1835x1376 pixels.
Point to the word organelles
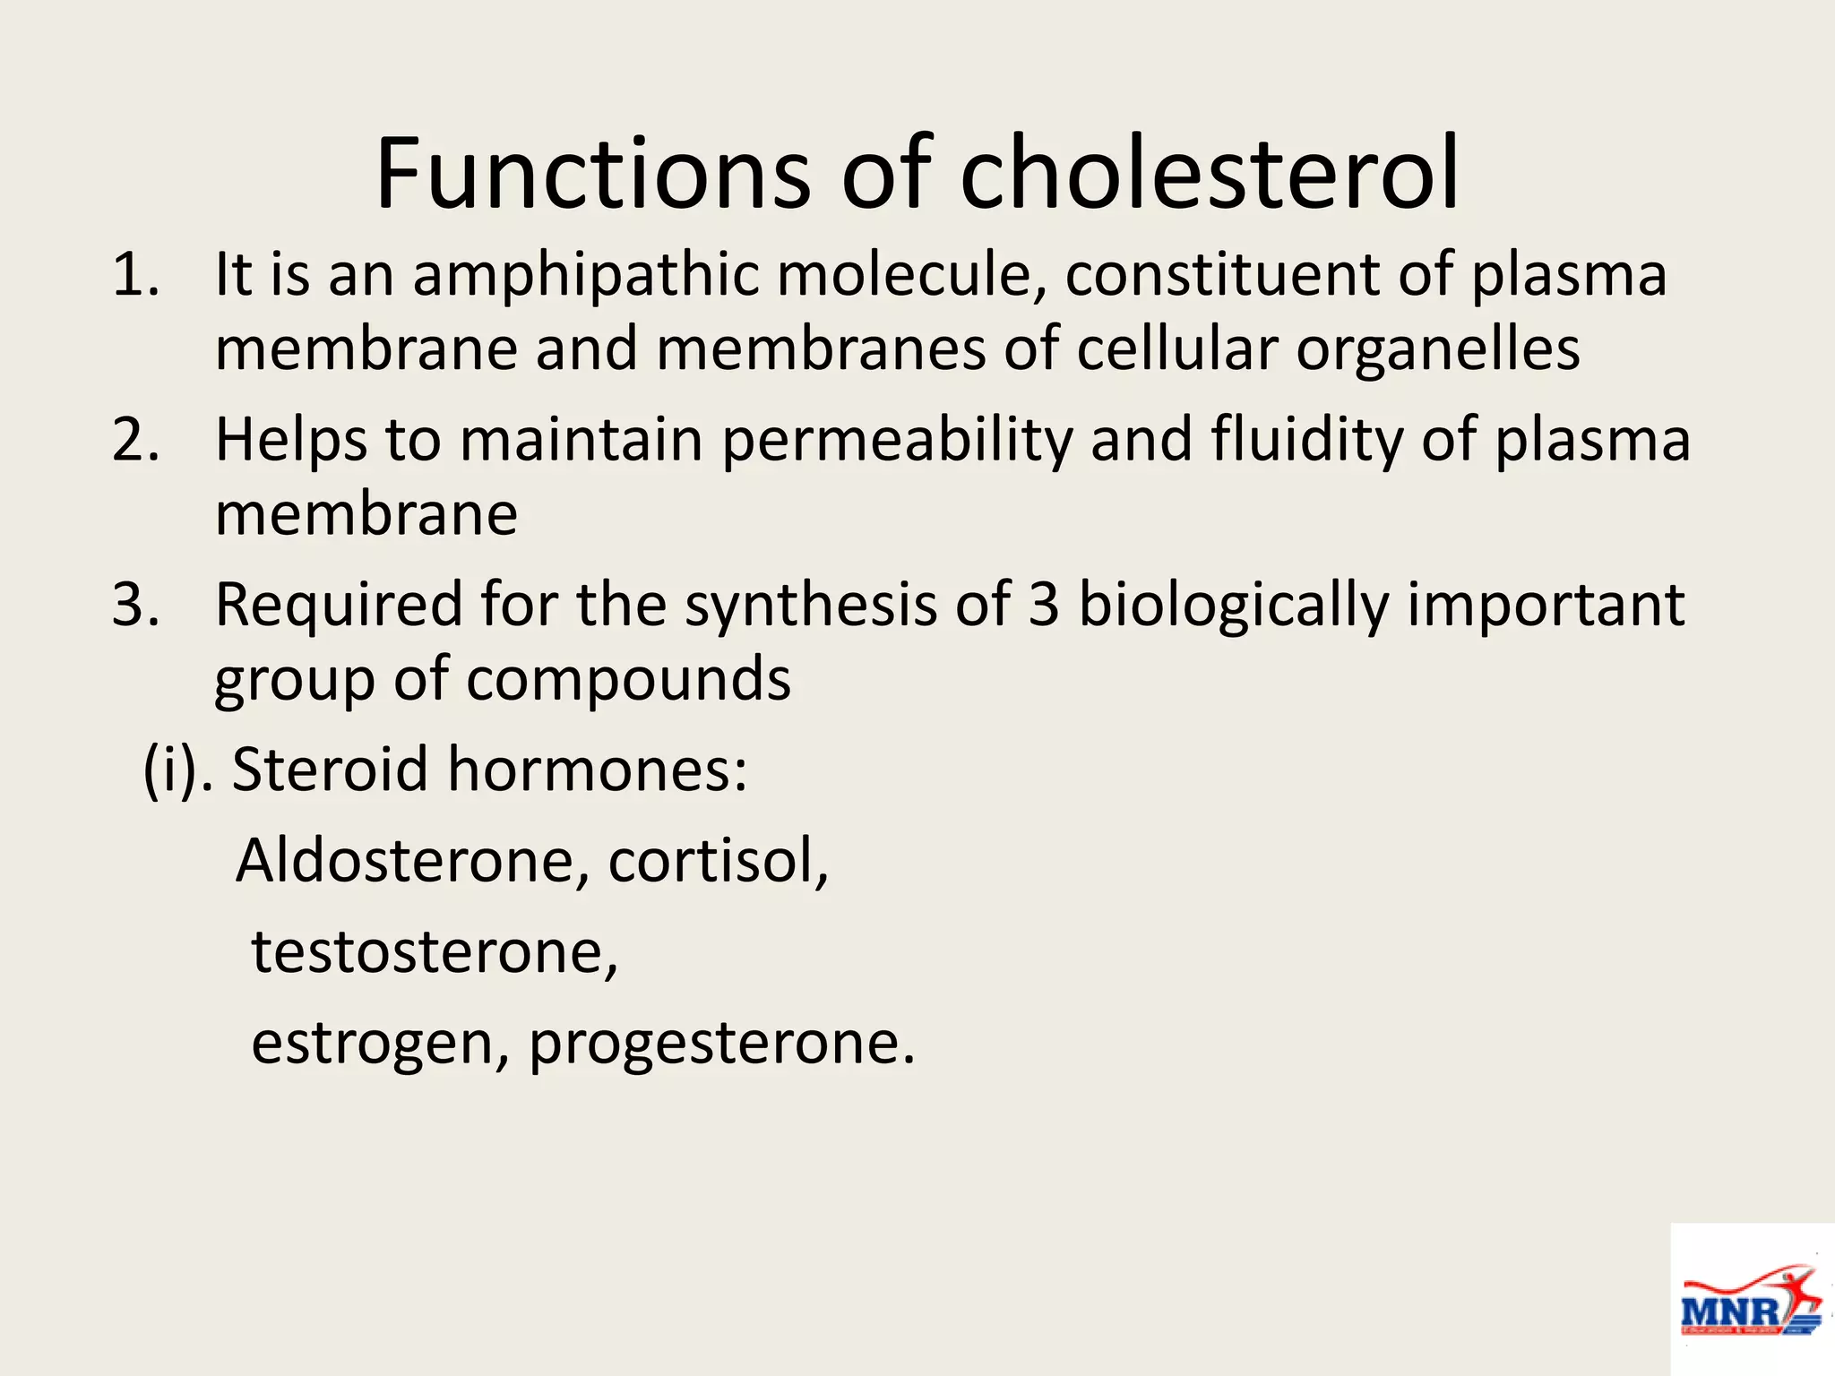tap(1438, 349)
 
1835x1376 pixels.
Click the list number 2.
tap(134, 440)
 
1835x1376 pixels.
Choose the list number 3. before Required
tap(134, 605)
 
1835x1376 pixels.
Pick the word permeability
tap(897, 440)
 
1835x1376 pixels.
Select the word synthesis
tap(810, 605)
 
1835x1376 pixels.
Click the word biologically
tap(1233, 605)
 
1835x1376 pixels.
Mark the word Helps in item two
tap(291, 440)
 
